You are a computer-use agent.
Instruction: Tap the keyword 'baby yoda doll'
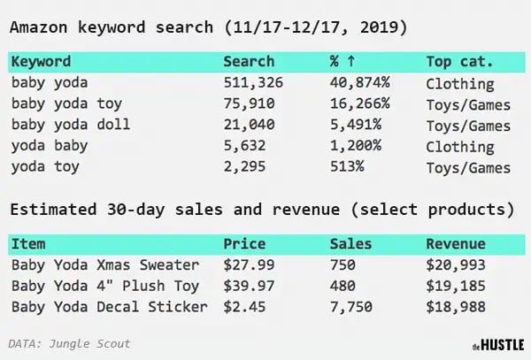pos(71,125)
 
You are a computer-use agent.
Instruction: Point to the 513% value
pos(344,166)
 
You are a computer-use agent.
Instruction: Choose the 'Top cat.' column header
pos(459,63)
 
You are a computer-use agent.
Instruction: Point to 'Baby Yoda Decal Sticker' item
pos(108,307)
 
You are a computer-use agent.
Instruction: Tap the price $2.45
pos(244,307)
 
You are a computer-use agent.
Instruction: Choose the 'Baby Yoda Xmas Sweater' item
pos(104,265)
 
